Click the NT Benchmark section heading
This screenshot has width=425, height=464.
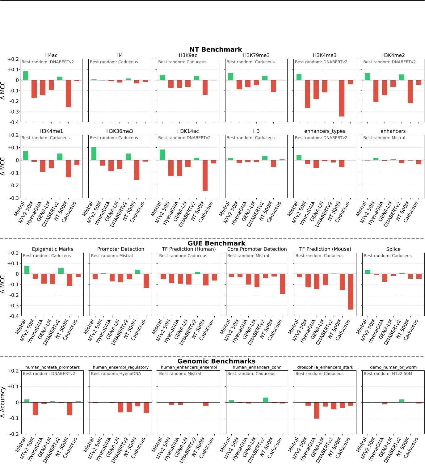[x=216, y=49]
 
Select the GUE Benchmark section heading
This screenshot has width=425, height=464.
[x=216, y=243]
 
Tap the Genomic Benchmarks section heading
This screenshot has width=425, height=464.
[x=216, y=361]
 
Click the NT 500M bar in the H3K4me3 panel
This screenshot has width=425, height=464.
[x=342, y=98]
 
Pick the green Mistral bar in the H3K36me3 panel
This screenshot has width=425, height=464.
[x=94, y=154]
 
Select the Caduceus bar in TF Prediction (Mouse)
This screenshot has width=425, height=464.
[x=351, y=292]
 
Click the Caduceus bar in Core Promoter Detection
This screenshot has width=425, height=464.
[x=282, y=284]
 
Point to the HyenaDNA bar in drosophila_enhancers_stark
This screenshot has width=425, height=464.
[x=317, y=410]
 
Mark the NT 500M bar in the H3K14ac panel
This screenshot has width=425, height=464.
[x=205, y=175]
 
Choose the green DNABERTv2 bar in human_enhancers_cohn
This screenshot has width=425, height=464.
[x=265, y=400]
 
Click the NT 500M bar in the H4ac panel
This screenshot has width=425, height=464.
[x=68, y=94]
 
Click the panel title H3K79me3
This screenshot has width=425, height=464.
[x=256, y=55]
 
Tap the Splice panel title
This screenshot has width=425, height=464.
[x=393, y=249]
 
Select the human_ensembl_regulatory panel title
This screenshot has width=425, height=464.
[x=120, y=367]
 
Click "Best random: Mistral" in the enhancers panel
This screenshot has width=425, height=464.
[x=384, y=138]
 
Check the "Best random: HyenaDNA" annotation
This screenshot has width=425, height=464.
[x=116, y=373]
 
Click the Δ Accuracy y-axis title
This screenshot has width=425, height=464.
[x=3, y=402]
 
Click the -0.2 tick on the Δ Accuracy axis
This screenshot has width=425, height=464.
[x=13, y=434]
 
